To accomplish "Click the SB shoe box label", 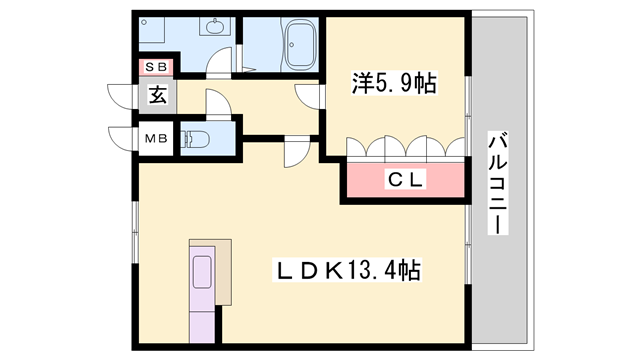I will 157,67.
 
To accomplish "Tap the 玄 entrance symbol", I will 158,96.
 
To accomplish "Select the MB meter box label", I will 157,138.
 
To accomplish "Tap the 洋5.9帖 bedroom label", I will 393,83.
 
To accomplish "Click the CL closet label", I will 406,179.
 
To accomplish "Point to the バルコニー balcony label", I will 497,183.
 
